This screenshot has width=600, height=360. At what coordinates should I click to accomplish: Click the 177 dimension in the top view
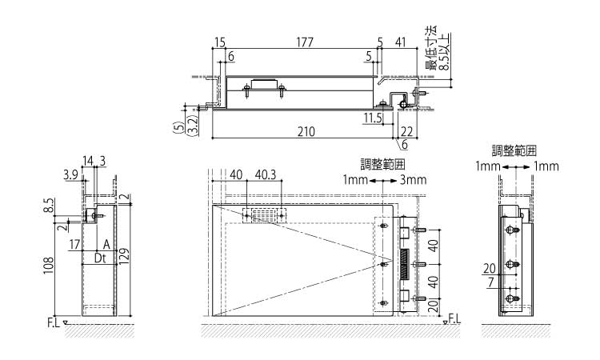pyautogui.click(x=305, y=42)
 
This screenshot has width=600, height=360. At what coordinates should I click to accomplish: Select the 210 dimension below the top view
pyautogui.click(x=306, y=132)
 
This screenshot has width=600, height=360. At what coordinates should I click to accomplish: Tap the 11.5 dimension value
pyautogui.click(x=373, y=118)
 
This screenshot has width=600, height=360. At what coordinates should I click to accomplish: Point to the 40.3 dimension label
pyautogui.click(x=265, y=175)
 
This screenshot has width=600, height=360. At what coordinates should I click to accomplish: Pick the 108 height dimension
pyautogui.click(x=49, y=265)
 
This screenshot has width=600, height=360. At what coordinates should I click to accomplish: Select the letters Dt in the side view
pyautogui.click(x=100, y=258)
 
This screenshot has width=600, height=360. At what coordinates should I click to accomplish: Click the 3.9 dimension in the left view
pyautogui.click(x=70, y=175)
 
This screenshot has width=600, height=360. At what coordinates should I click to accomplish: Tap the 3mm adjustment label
pyautogui.click(x=413, y=180)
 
